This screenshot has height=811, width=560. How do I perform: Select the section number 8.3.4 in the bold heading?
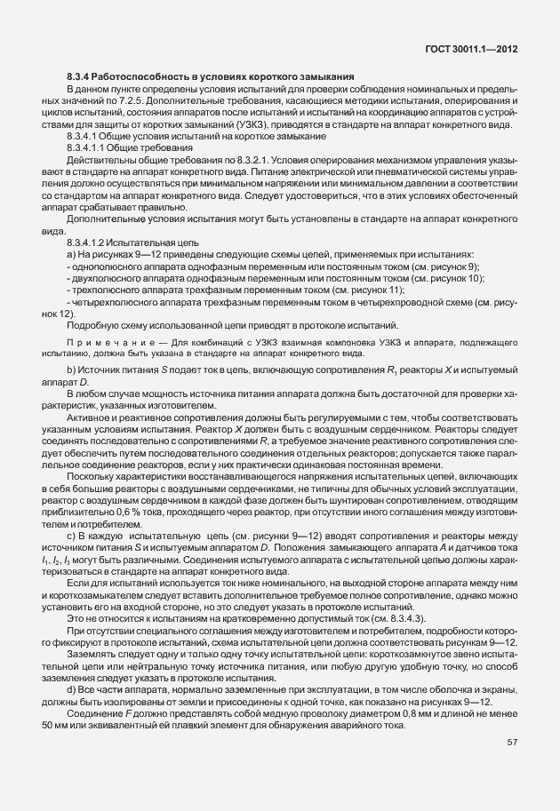coord(78,77)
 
